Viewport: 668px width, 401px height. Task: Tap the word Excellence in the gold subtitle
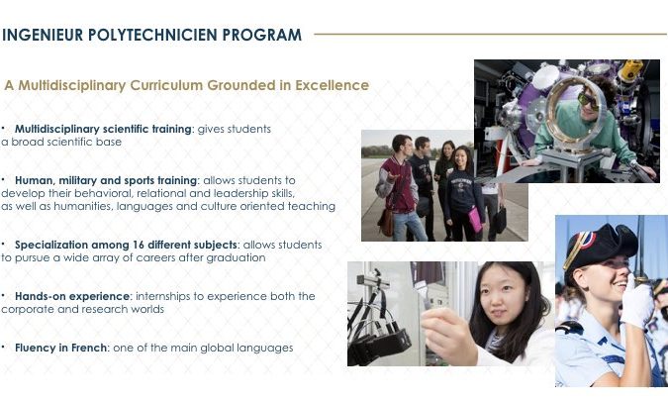pos(332,85)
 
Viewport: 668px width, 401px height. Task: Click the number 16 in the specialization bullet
pos(138,245)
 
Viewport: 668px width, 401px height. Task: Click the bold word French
pos(89,348)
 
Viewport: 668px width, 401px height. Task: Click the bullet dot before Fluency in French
pos(3,347)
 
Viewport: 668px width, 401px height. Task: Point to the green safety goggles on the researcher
pos(588,101)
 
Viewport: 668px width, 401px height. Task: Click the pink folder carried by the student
pos(475,219)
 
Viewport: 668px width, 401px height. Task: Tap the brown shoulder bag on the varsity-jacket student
pos(386,222)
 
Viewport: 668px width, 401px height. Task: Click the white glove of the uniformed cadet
pos(637,301)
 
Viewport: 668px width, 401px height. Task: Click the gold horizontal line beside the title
pos(490,34)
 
